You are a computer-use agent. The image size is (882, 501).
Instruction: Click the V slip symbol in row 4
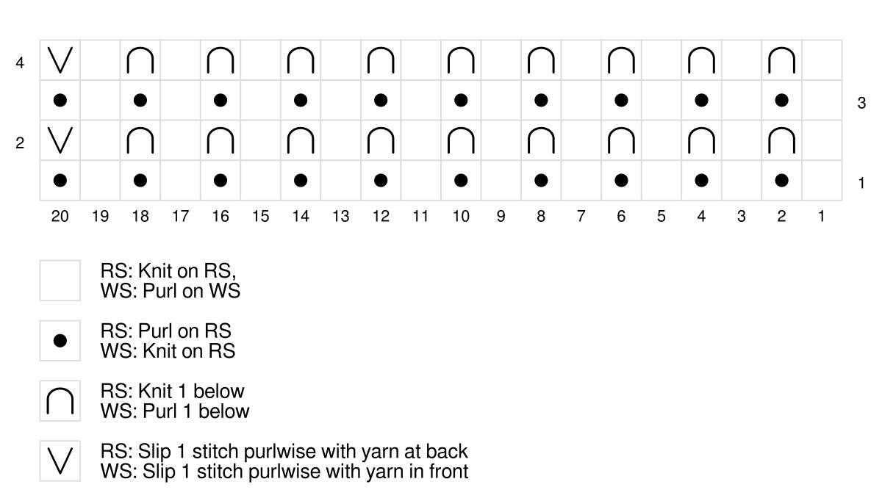60,60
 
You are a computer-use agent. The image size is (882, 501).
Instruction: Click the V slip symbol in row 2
60,140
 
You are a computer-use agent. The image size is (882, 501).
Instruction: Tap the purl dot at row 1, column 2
781,180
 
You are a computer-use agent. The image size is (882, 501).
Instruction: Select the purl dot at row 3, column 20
60,100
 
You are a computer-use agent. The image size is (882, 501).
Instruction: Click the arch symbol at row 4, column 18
140,60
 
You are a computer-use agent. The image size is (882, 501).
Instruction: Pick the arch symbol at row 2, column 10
461,140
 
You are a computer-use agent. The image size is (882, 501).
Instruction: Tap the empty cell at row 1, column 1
821,180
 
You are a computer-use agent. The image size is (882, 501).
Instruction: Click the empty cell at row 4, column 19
101,60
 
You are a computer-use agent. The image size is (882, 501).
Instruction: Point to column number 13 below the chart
340,216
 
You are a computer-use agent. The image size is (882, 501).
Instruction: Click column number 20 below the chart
60,216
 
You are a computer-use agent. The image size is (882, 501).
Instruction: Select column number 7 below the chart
581,216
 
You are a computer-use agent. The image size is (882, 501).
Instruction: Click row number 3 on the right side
861,104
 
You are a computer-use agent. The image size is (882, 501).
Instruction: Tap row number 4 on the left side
20,63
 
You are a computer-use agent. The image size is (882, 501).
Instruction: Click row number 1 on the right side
861,184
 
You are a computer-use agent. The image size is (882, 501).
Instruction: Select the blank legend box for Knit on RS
60,281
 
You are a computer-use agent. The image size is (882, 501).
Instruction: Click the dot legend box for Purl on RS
60,341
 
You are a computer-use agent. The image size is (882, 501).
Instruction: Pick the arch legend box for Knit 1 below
60,401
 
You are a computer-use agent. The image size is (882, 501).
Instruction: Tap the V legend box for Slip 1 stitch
60,461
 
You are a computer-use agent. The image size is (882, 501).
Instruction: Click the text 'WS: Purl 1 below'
174,411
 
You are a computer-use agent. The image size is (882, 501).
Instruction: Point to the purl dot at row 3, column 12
381,100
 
